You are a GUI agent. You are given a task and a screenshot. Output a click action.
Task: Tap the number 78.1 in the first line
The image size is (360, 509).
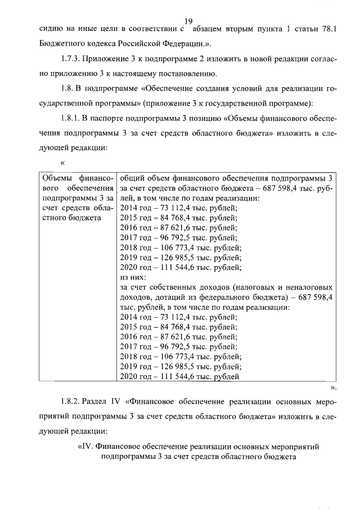click(x=327, y=28)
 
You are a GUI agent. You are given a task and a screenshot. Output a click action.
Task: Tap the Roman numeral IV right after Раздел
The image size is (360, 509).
click(x=118, y=402)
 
